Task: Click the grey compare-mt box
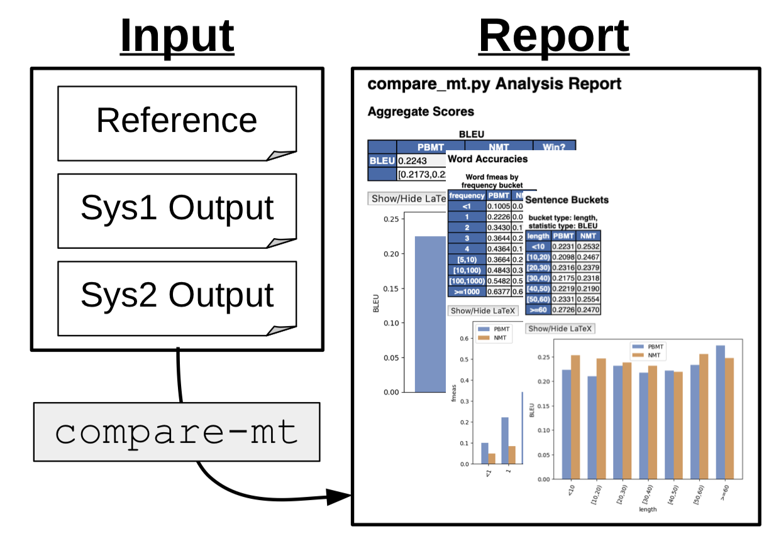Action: tap(177, 432)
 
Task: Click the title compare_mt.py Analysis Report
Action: tap(494, 84)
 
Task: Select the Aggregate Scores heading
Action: tap(421, 112)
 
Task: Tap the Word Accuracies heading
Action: tap(487, 160)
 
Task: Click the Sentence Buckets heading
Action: tap(567, 200)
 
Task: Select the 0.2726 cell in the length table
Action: tap(563, 310)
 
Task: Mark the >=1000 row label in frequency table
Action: tap(467, 291)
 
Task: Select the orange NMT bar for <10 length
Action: tap(575, 416)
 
